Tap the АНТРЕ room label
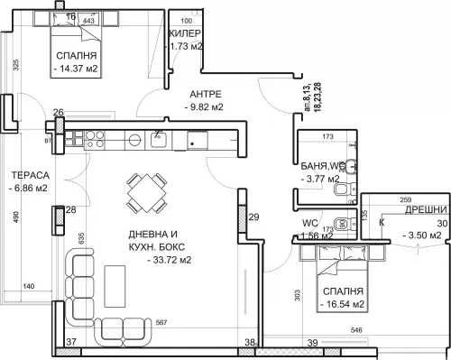coord(206,93)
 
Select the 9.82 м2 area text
coord(205,106)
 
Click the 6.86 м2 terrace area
coord(31,189)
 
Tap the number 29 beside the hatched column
coord(254,217)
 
